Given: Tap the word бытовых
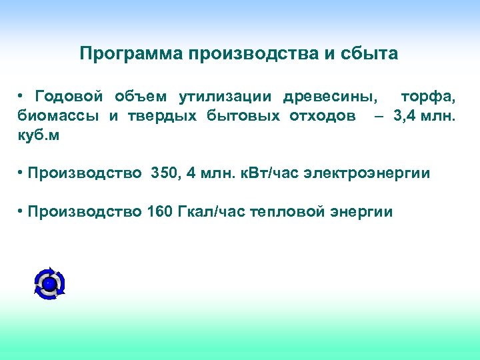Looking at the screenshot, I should click(x=241, y=116).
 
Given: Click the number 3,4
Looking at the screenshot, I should click(x=407, y=116).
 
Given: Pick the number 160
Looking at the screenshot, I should click(x=159, y=212).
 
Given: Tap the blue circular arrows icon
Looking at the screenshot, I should click(x=49, y=283).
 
